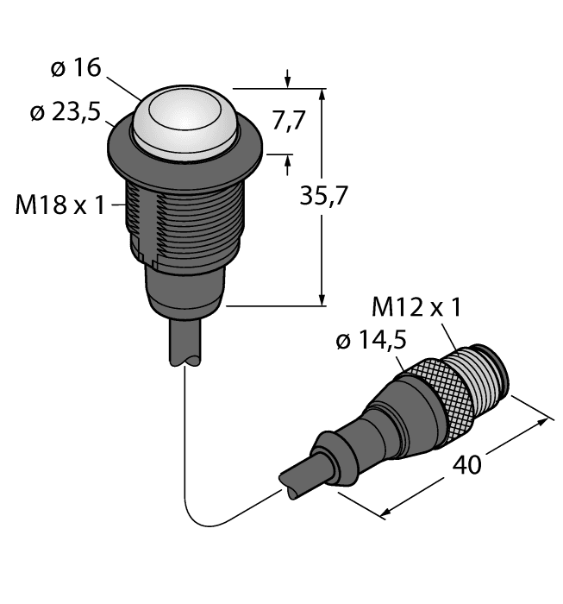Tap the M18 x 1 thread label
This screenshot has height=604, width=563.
click(60, 205)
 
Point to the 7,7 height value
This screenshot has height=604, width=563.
click(288, 122)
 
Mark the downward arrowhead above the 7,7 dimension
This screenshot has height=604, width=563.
click(288, 83)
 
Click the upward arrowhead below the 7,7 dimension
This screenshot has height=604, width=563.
click(288, 160)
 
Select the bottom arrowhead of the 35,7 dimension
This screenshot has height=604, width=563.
click(322, 299)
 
